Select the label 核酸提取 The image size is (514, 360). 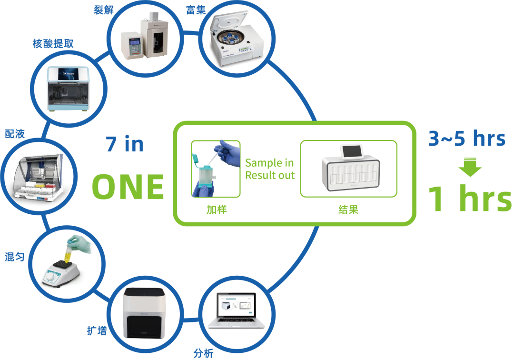pos(53,44)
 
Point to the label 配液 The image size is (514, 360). pos(14,134)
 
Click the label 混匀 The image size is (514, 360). pos(14,257)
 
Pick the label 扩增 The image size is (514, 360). pos(97,330)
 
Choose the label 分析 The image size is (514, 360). pos(203,353)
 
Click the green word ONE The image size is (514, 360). pos(128,187)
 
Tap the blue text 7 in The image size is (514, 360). pos(125,144)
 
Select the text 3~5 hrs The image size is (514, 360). pos(466,139)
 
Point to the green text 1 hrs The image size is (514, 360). pos(470,199)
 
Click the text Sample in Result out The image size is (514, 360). pos(270,170)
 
